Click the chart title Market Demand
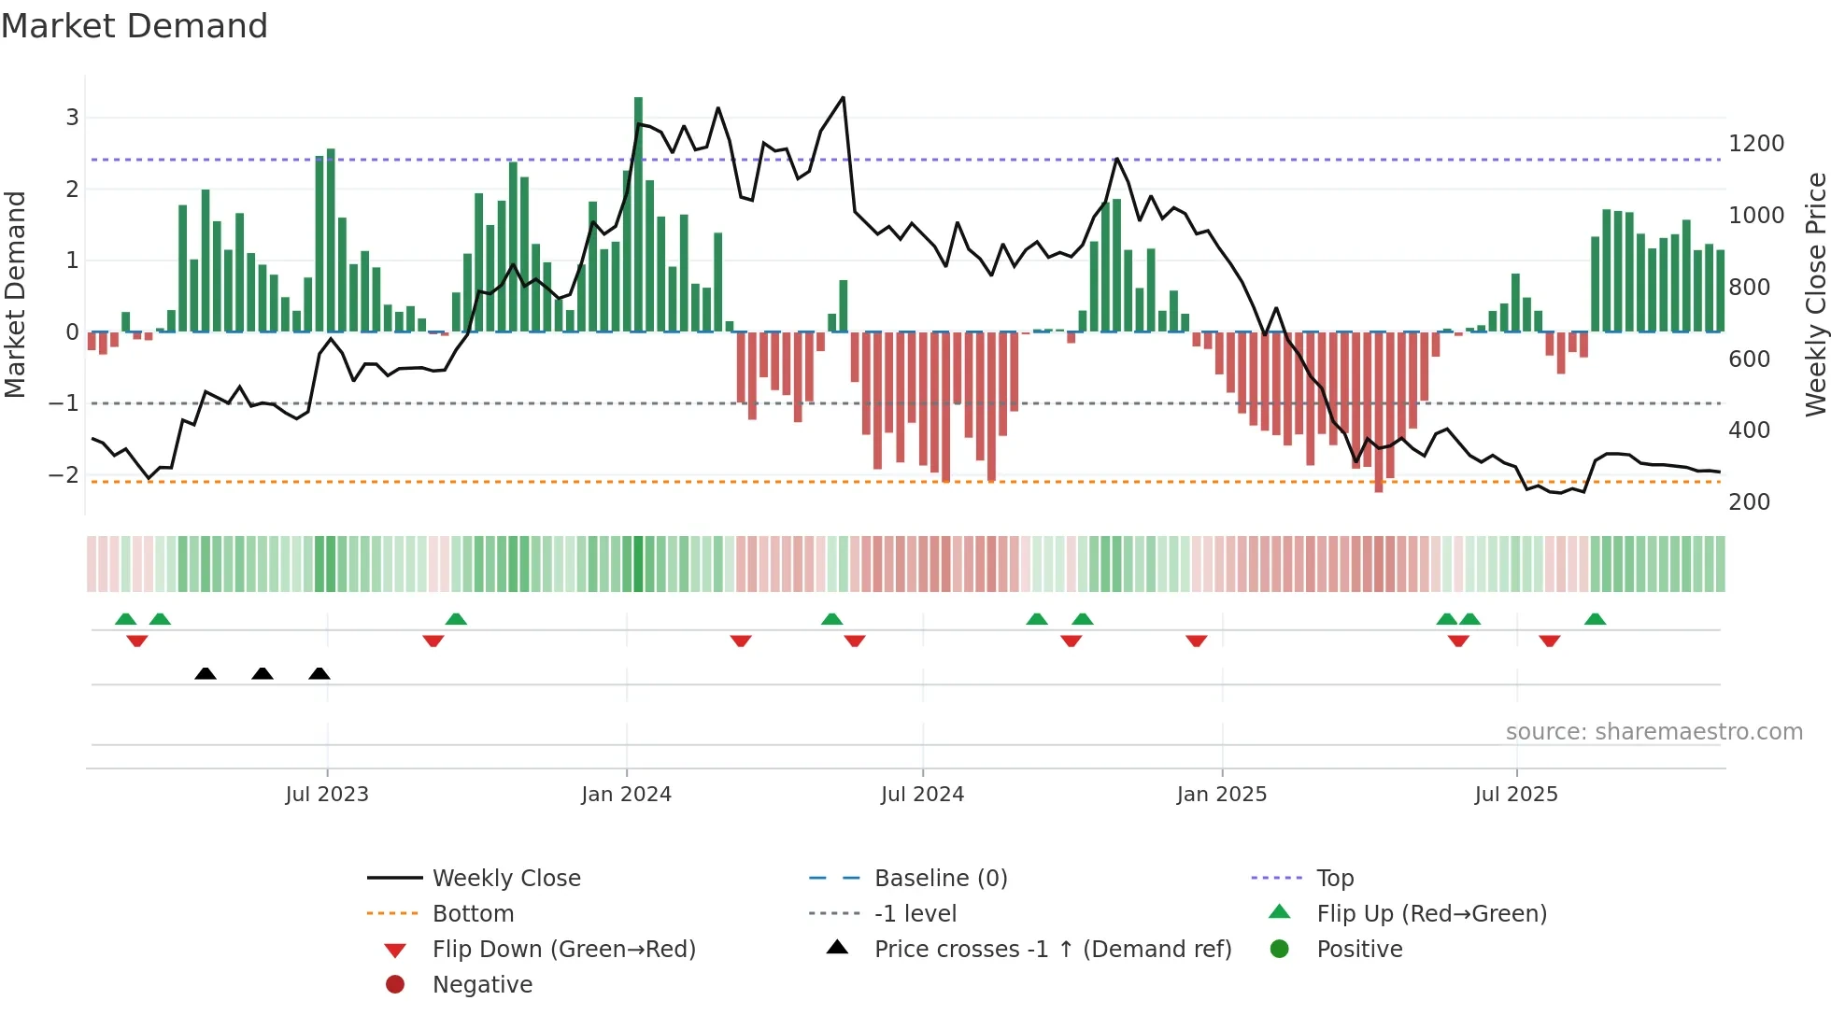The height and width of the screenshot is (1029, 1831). point(135,26)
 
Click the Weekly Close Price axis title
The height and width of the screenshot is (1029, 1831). point(1815,294)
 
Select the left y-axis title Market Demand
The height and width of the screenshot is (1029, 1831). point(15,294)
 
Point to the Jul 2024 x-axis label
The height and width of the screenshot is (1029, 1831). point(922,795)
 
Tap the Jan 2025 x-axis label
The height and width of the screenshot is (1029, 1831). point(1221,795)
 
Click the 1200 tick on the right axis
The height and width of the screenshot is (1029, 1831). point(1756,144)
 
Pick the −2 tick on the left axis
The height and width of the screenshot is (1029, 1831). point(64,474)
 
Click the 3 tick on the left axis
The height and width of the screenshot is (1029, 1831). point(72,118)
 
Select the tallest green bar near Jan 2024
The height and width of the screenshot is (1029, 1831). point(638,215)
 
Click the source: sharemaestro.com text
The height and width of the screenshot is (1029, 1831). point(1654,732)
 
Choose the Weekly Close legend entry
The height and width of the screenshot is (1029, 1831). point(505,879)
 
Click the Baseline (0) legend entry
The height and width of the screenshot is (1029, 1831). point(940,879)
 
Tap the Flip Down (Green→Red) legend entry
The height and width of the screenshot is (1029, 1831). point(563,950)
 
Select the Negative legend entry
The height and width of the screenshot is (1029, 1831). point(482,985)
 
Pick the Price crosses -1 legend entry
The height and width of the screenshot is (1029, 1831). point(1052,950)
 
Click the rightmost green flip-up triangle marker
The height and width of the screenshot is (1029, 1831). point(1595,619)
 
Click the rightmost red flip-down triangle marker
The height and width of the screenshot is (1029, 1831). point(1549,641)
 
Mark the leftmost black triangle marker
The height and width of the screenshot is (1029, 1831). point(206,673)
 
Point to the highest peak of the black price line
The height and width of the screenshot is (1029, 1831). point(843,98)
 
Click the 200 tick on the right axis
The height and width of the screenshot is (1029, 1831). point(1749,502)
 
